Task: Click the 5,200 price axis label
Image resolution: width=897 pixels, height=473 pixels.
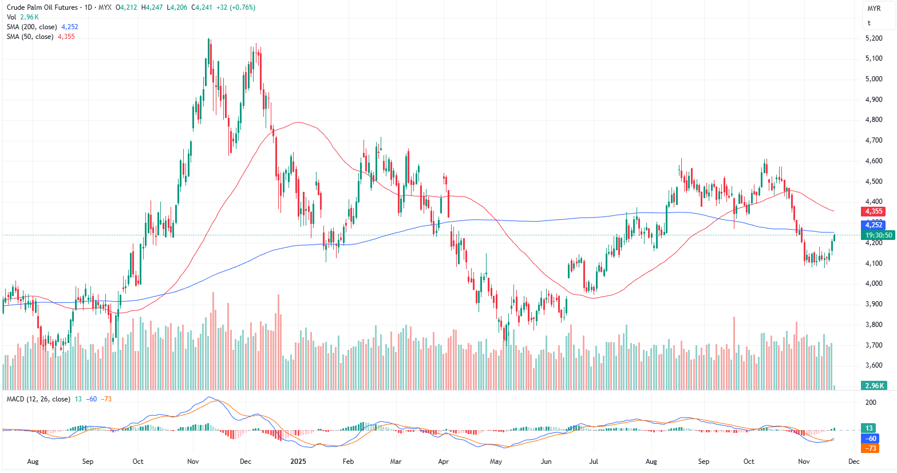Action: [x=874, y=38]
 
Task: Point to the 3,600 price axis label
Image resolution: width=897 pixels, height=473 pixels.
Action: [x=874, y=365]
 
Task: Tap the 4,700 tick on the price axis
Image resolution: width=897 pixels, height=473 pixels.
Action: [x=874, y=140]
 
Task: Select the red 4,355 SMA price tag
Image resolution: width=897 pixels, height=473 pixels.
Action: [x=874, y=211]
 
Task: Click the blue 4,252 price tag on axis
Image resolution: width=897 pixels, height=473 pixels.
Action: [x=874, y=225]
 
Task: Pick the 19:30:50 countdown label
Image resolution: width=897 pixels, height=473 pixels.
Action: [x=879, y=235]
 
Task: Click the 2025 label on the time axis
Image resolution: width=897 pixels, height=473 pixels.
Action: [x=298, y=461]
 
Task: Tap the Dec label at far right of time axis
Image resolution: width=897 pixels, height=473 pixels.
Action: [x=853, y=461]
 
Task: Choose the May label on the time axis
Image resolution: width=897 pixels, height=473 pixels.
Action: [x=496, y=461]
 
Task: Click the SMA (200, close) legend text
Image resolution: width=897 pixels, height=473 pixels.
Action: [x=32, y=27]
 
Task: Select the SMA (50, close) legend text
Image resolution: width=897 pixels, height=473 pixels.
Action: [x=30, y=37]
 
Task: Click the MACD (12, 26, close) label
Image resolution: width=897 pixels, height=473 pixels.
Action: [x=38, y=399]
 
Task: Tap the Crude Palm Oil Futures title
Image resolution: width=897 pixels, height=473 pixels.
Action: [x=42, y=7]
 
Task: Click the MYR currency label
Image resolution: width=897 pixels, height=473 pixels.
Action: [x=874, y=9]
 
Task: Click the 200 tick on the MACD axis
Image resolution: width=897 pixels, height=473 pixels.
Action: [x=871, y=403]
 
